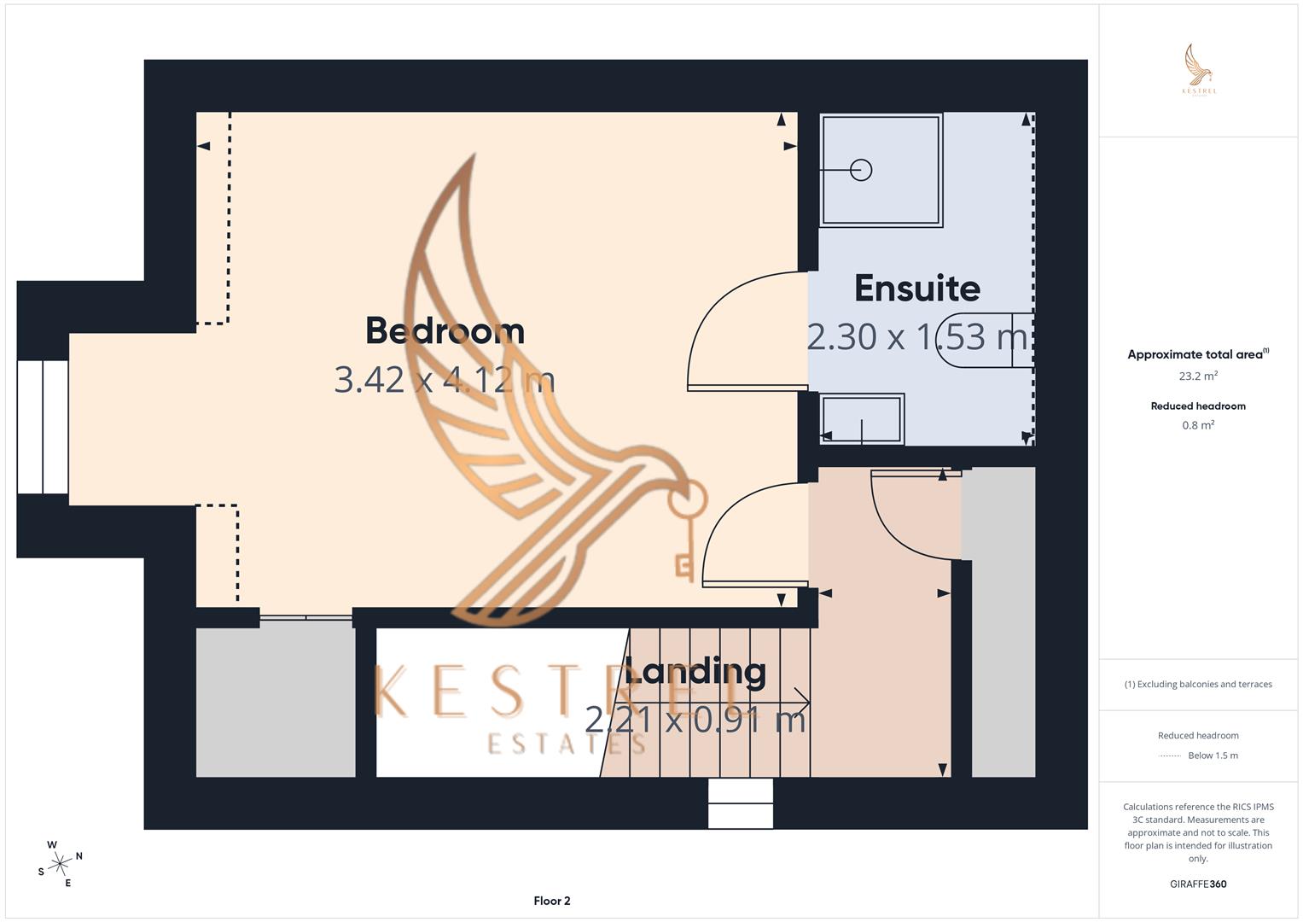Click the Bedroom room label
445,331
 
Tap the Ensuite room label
916,289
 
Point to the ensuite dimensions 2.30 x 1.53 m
916,337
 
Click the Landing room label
695,671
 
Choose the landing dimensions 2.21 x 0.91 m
695,720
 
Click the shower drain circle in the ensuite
861,170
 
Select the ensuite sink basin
861,419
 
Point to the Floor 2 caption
551,901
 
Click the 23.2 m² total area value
1197,376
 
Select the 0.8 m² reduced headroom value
1197,425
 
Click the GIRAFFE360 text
1197,884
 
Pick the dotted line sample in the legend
1170,756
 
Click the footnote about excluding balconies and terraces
1197,684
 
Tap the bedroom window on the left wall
43,427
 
